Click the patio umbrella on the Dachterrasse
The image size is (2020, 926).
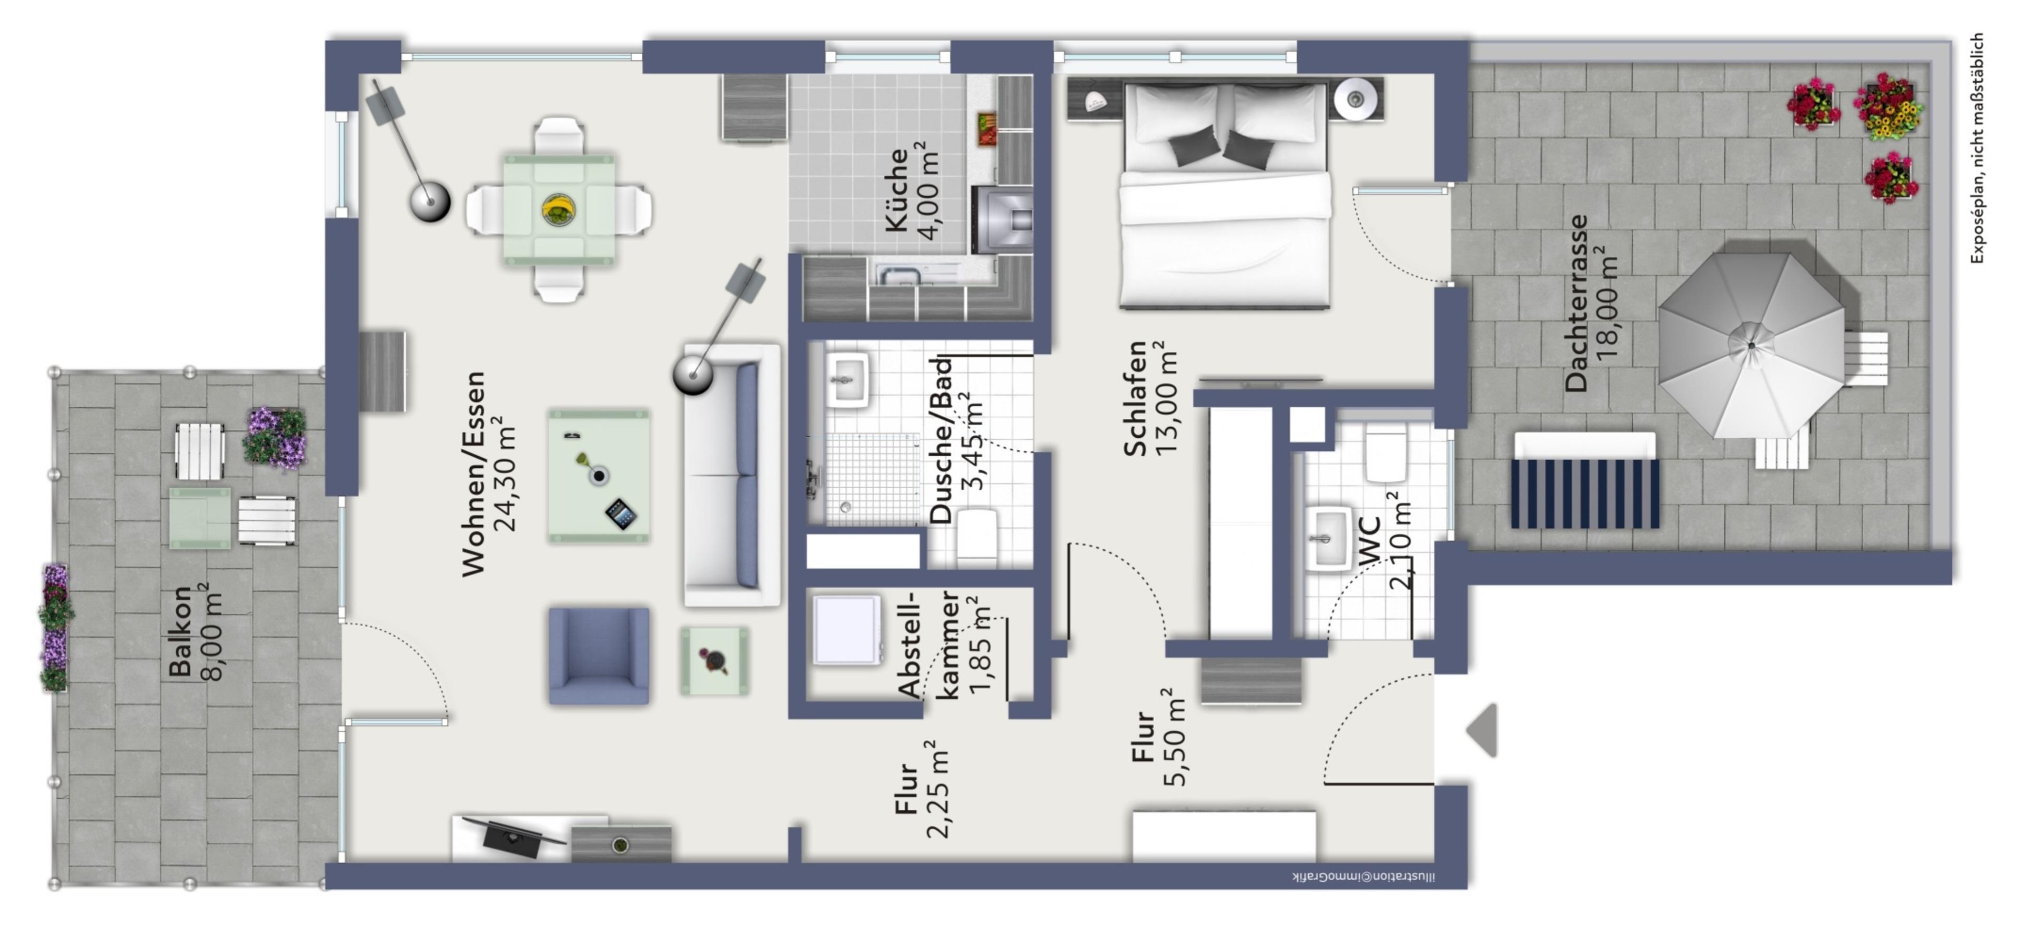pos(1751,345)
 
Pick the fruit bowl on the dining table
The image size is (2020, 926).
pos(558,210)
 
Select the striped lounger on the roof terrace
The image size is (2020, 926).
pos(1585,480)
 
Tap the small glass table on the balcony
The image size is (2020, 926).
pos(200,518)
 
